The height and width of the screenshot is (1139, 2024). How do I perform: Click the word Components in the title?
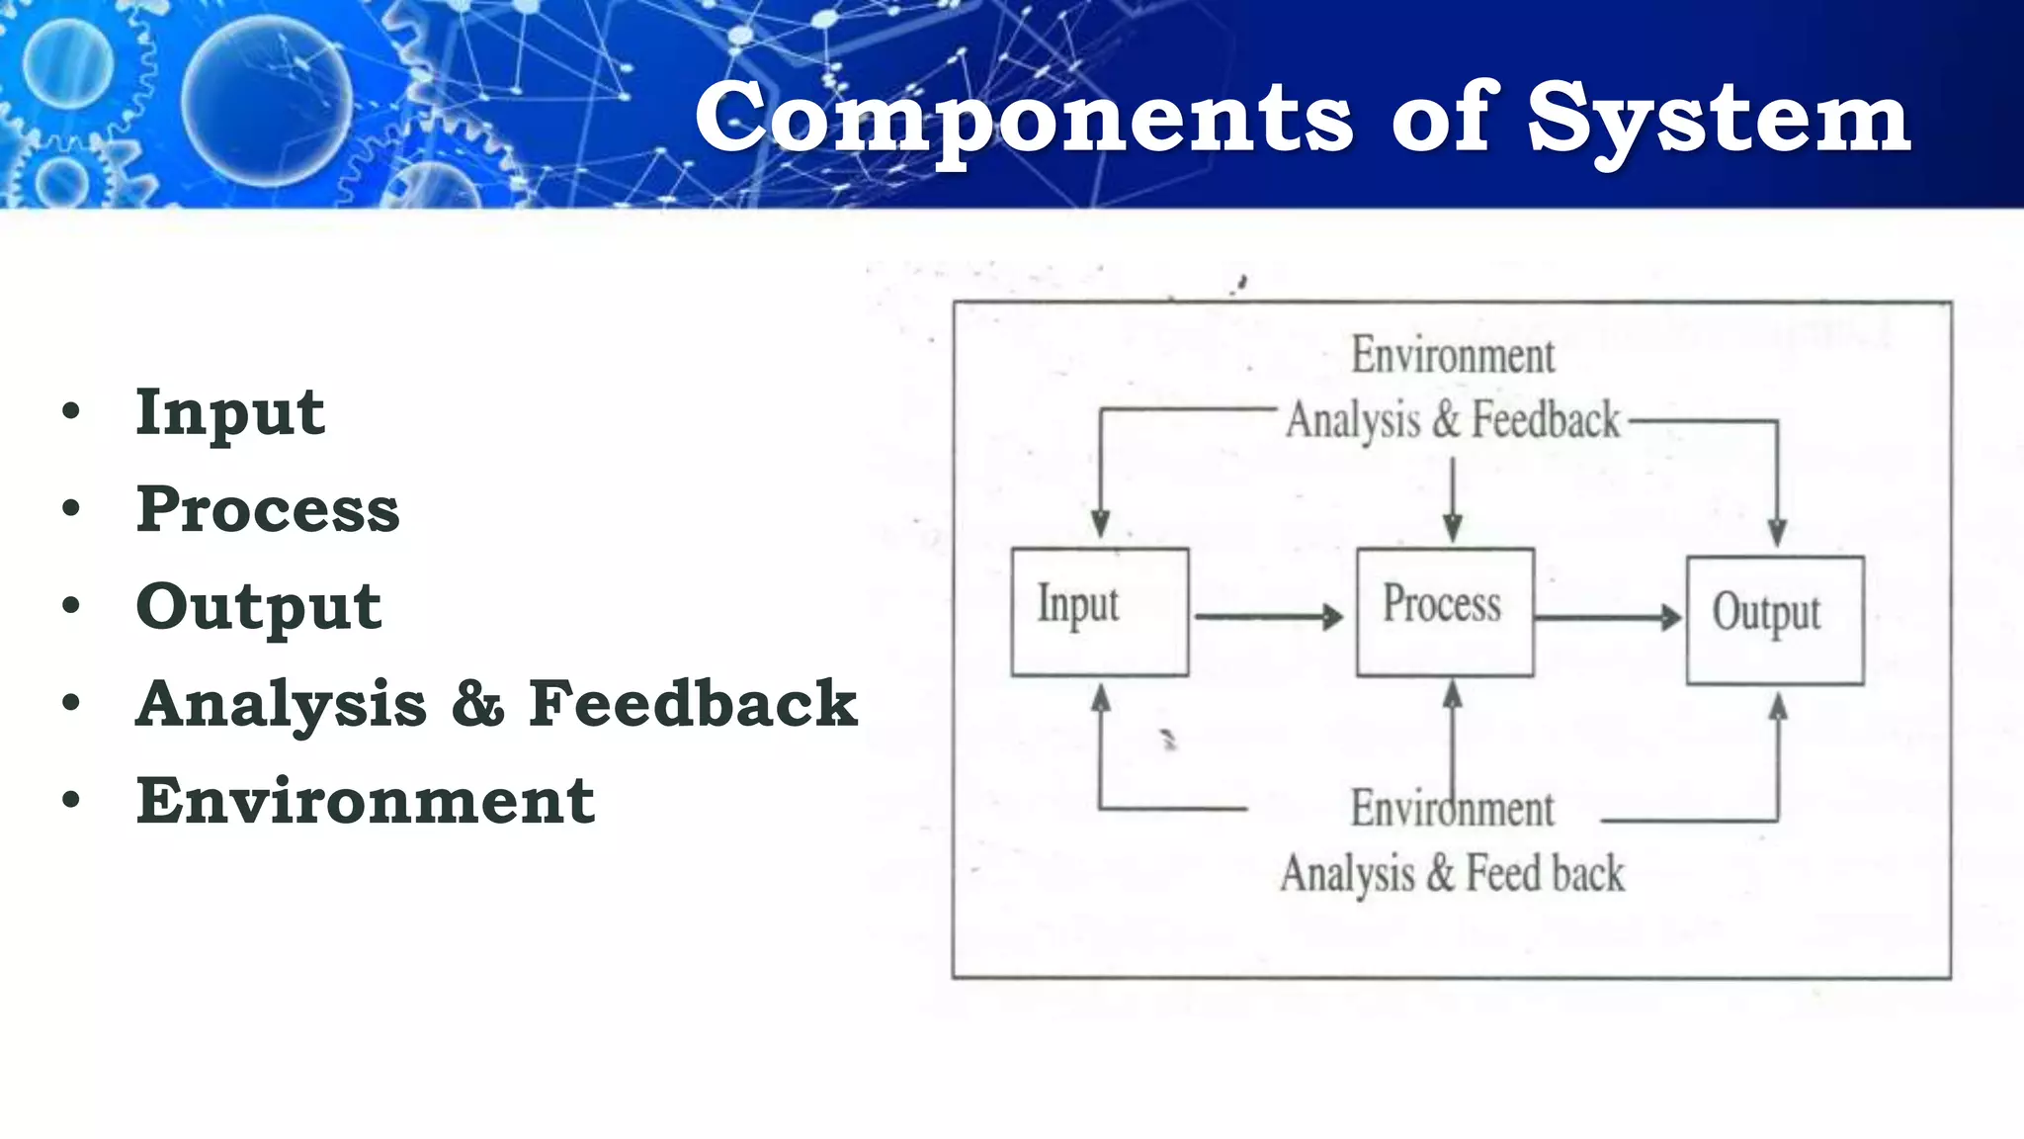click(1024, 119)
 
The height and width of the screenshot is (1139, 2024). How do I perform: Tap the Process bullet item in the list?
click(267, 509)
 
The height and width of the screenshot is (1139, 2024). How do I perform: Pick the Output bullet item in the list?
click(258, 606)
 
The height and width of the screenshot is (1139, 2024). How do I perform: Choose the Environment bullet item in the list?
click(365, 800)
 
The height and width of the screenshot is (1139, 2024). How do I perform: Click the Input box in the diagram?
click(1099, 612)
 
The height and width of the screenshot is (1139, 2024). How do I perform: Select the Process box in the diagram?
click(1444, 612)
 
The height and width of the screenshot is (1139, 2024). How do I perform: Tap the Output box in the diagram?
click(1774, 620)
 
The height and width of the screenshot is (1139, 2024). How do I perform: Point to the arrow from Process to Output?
click(1607, 618)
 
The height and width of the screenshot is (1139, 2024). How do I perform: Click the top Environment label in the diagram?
click(1452, 356)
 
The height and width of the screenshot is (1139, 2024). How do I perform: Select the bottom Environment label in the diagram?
click(1452, 809)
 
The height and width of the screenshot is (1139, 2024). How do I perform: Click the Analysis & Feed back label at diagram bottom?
click(1452, 874)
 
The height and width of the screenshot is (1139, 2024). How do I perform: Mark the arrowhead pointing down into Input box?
click(1100, 524)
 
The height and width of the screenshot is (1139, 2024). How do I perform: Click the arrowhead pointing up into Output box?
click(1777, 706)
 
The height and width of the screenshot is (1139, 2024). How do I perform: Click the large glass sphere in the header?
click(267, 101)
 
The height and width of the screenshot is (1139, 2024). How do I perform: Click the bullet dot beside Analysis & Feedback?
click(70, 703)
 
